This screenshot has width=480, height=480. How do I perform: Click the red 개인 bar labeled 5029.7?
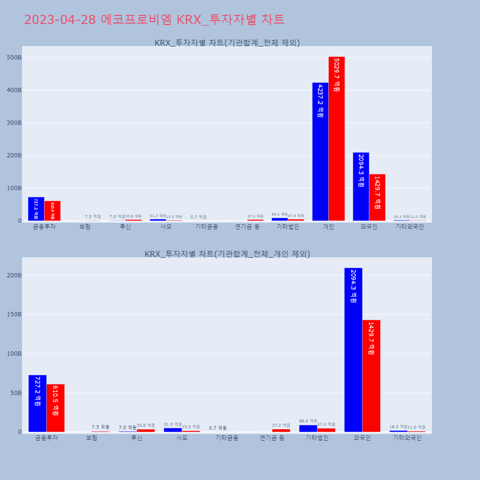[336, 139]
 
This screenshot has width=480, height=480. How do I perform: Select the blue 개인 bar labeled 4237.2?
[320, 152]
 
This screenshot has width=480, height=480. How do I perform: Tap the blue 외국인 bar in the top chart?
[361, 187]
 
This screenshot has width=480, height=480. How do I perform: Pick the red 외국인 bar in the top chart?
[377, 197]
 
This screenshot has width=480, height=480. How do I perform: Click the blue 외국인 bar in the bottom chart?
[353, 350]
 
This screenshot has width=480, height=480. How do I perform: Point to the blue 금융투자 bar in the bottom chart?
[37, 403]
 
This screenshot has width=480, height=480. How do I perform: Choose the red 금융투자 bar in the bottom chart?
[56, 408]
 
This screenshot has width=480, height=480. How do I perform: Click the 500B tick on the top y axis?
[13, 58]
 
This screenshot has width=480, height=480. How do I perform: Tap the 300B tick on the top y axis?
[13, 123]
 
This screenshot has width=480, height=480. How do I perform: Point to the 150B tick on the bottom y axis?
[13, 314]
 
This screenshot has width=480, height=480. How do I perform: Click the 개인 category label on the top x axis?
[328, 227]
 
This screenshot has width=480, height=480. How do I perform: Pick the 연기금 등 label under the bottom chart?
[272, 438]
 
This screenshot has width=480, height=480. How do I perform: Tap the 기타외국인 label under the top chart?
[409, 227]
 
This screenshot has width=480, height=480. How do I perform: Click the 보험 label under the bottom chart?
[92, 438]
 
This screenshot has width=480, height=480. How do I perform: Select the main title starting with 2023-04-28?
[154, 20]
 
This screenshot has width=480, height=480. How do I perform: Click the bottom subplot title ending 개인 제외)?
[227, 254]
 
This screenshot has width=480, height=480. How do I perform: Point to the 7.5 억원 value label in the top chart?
[93, 216]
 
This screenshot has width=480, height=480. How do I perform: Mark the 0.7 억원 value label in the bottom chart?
[217, 428]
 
